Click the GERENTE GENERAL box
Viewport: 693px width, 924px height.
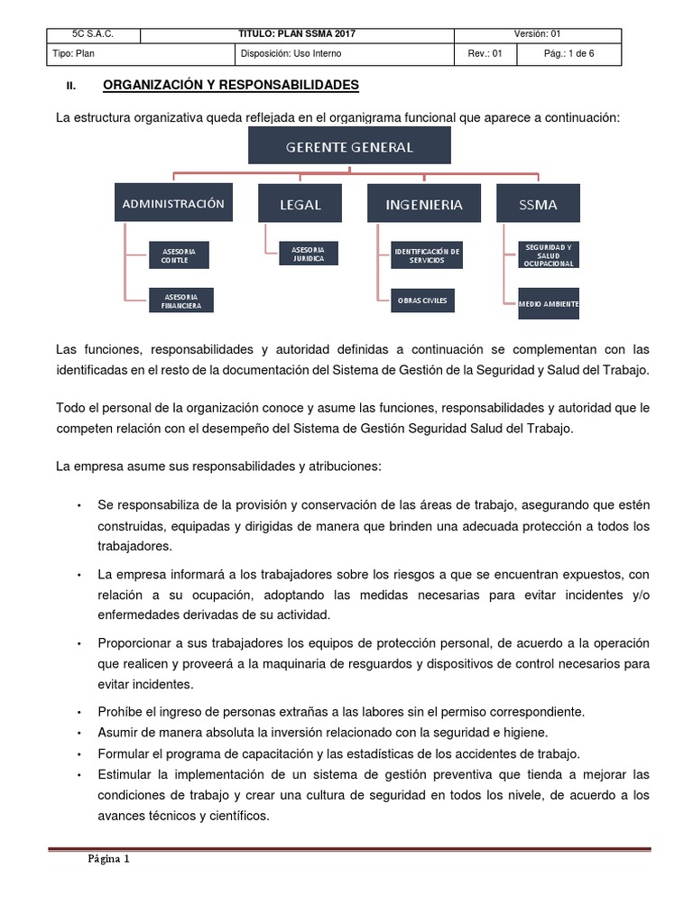349,145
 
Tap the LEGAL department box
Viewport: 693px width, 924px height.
300,203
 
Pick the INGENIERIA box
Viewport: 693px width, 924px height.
423,203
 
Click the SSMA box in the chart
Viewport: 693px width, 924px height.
538,203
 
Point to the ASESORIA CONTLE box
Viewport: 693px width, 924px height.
179,254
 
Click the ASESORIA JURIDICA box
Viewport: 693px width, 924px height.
301,253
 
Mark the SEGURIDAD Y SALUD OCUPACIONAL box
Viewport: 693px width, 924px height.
548,254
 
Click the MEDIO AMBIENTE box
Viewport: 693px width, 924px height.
548,304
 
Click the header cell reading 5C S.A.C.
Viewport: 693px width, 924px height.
94,35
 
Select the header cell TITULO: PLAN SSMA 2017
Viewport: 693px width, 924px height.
298,35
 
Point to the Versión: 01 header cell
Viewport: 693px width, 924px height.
538,35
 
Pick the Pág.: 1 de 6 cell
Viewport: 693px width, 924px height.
569,54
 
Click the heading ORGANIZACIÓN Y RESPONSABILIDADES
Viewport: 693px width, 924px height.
231,85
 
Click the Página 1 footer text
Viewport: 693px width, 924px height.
109,859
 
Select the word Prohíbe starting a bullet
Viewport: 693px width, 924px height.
121,711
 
